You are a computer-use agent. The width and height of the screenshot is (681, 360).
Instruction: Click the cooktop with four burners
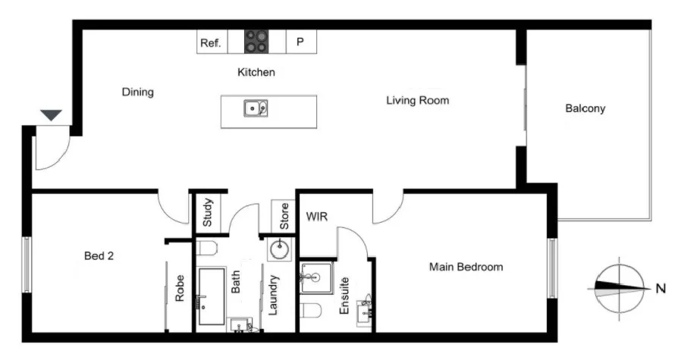[256, 42]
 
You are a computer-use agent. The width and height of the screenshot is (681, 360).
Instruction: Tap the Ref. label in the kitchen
[210, 43]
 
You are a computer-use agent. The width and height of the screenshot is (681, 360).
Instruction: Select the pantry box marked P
[300, 42]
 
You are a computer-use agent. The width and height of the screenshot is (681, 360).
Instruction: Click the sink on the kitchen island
[256, 108]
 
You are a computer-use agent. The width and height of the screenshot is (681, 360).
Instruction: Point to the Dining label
[137, 92]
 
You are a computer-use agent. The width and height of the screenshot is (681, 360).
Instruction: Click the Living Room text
[417, 100]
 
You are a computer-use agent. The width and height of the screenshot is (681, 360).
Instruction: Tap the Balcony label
[585, 108]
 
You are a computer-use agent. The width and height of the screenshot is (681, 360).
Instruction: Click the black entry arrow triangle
[51, 115]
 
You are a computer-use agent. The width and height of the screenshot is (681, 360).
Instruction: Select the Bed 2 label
[99, 256]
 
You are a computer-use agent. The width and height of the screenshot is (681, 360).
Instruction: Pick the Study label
[208, 214]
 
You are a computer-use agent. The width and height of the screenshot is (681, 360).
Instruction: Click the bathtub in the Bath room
[212, 296]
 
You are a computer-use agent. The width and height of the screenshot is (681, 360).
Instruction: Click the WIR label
[316, 217]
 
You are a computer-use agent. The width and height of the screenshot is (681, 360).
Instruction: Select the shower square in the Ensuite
[315, 277]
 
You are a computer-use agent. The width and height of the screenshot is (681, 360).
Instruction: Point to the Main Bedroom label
[466, 267]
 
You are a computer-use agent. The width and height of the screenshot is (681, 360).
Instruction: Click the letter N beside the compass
[660, 288]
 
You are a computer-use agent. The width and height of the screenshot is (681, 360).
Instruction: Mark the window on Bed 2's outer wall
[26, 265]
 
